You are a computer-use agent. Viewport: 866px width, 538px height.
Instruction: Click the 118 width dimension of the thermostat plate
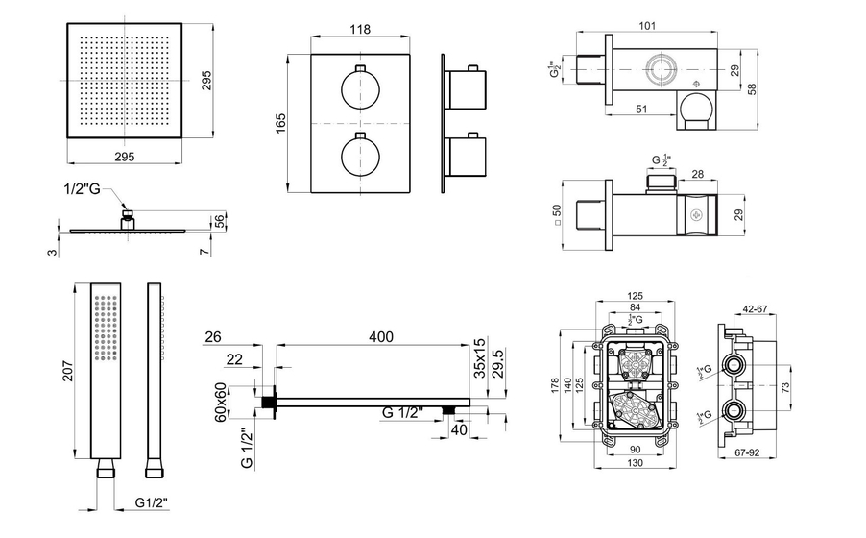359,30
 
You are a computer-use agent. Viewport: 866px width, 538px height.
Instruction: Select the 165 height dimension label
281,125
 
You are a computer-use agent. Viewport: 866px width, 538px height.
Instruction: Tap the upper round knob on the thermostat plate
359,92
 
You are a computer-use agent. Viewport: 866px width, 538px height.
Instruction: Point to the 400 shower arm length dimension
379,337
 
